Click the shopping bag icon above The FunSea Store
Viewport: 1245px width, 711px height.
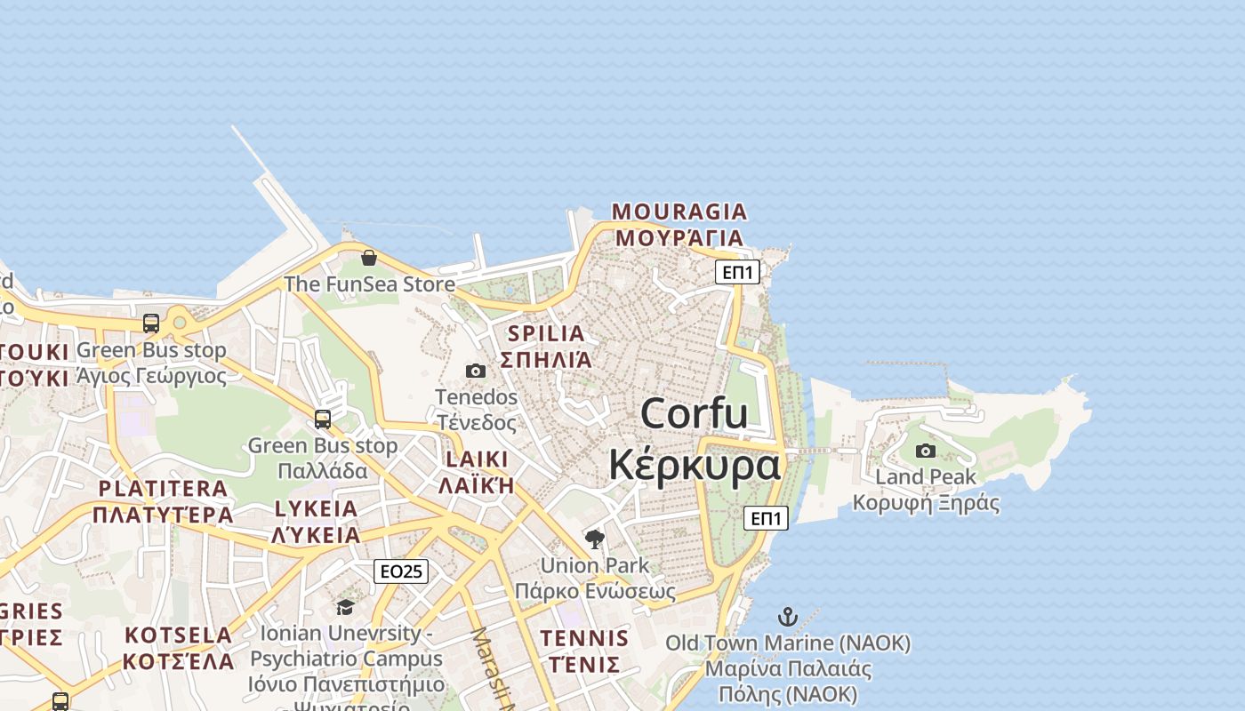click(369, 258)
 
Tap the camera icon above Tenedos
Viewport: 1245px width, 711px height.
click(476, 371)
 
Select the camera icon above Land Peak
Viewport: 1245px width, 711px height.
click(926, 451)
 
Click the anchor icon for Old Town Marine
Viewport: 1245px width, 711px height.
click(787, 616)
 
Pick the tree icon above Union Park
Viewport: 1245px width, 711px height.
click(595, 539)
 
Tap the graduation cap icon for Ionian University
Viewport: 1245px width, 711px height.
click(345, 607)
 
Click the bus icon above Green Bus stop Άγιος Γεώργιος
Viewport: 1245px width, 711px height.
click(151, 323)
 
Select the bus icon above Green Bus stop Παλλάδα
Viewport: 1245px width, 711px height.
click(323, 419)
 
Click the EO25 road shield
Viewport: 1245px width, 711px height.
click(400, 571)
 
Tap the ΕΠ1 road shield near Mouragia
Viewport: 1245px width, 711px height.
click(737, 272)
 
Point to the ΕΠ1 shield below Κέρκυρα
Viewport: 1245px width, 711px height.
click(766, 518)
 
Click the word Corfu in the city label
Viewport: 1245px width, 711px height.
click(694, 414)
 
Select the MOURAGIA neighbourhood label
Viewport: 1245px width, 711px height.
click(679, 212)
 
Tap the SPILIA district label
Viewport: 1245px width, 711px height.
click(546, 334)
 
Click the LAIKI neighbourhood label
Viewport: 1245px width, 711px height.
click(477, 459)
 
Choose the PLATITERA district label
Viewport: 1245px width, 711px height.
click(163, 488)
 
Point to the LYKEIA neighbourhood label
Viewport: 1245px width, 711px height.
click(316, 509)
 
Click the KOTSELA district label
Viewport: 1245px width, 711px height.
click(178, 635)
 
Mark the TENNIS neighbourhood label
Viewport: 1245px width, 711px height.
click(584, 638)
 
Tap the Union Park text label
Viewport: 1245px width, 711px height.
click(595, 565)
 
